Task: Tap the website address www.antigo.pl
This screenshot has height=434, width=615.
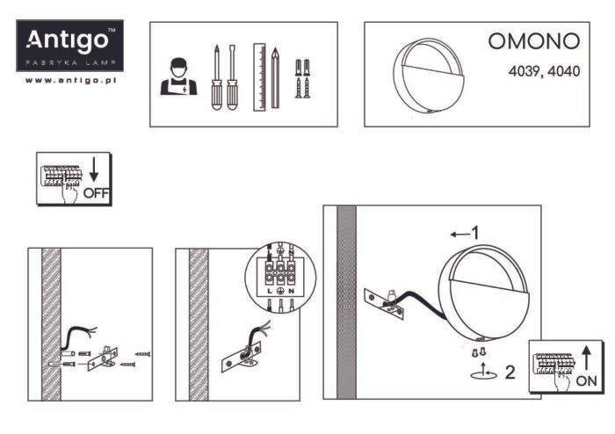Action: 72,80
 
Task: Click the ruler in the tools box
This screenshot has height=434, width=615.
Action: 259,76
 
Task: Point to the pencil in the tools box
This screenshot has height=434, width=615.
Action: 275,77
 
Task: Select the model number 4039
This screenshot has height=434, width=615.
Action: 525,70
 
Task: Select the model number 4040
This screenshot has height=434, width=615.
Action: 563,70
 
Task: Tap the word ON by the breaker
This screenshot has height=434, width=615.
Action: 586,381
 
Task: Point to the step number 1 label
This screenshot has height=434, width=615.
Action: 474,234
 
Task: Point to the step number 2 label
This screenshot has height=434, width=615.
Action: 510,371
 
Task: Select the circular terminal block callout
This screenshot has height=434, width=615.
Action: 279,278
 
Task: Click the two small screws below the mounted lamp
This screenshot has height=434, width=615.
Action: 480,352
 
